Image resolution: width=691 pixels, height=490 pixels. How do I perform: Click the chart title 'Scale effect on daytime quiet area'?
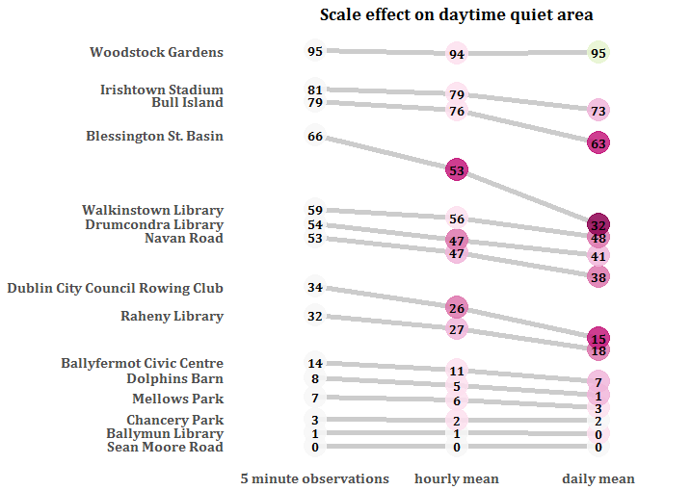pos(456,14)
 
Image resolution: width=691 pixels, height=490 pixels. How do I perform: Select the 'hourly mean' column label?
pos(457,478)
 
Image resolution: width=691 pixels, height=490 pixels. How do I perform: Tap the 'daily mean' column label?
pos(598,478)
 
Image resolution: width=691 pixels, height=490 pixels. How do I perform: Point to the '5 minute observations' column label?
pos(315,478)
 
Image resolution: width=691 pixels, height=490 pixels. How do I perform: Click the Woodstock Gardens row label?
pos(156,52)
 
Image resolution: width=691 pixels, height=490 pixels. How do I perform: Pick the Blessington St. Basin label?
pos(154,136)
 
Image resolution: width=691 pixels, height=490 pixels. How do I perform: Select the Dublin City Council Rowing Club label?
pos(115,288)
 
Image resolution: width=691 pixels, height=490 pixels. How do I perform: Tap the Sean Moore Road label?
pos(165,447)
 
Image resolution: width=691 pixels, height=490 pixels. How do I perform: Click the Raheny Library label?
pos(172,316)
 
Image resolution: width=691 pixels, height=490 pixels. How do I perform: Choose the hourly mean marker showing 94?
pos(457,54)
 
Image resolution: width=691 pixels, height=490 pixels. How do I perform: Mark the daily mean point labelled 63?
pos(598,144)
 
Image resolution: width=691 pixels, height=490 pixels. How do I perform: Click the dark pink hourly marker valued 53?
pos(457,170)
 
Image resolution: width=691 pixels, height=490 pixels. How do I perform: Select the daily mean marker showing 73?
pos(598,111)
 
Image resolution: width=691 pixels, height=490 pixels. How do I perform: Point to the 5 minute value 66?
pos(315,136)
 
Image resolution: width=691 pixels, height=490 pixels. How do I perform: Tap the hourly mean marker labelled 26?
pos(457,309)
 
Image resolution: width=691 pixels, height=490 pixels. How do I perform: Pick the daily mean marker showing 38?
pos(598,277)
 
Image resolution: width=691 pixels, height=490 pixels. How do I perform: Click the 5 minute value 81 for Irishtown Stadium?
pos(315,90)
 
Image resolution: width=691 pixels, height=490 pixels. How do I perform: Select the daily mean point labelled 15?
pos(598,338)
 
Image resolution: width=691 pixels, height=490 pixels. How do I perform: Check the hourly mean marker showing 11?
pos(457,371)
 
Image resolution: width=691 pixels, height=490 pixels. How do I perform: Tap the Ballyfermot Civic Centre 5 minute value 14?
pos(315,363)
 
